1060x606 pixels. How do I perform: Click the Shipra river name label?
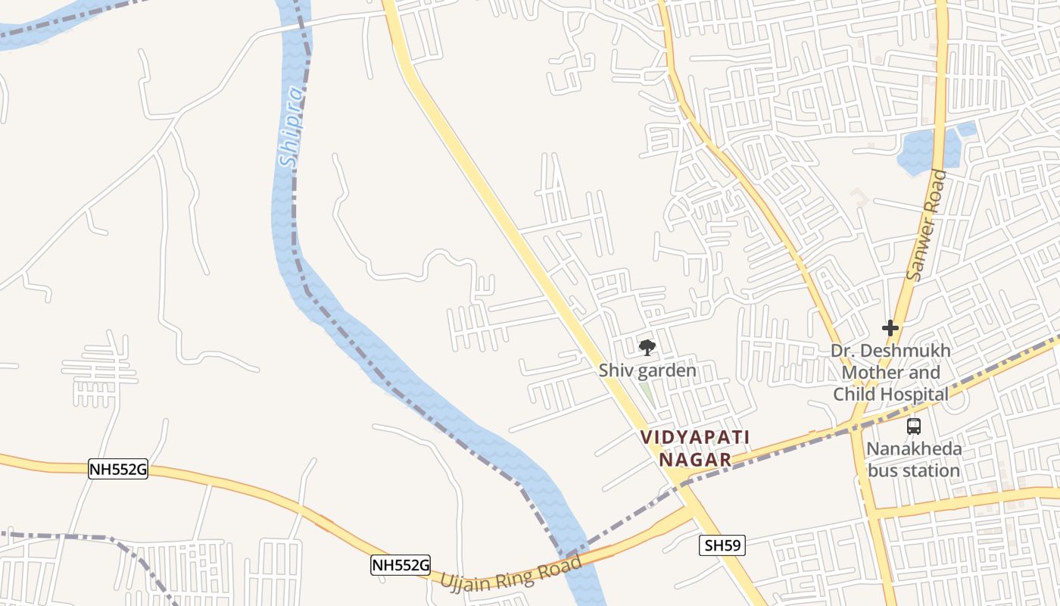click(291, 127)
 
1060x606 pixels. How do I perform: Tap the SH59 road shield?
click(722, 545)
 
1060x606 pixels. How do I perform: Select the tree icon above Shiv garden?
click(647, 348)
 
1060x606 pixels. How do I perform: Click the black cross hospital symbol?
click(890, 328)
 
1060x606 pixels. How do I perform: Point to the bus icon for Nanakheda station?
click(914, 426)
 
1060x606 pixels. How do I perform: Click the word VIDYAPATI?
click(695, 437)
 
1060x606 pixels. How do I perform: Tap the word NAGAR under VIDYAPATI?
click(695, 460)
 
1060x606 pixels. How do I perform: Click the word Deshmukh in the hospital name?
click(905, 351)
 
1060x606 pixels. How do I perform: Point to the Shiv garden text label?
click(647, 371)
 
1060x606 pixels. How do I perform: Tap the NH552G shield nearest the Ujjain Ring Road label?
click(401, 564)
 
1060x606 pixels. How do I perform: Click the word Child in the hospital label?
click(853, 395)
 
